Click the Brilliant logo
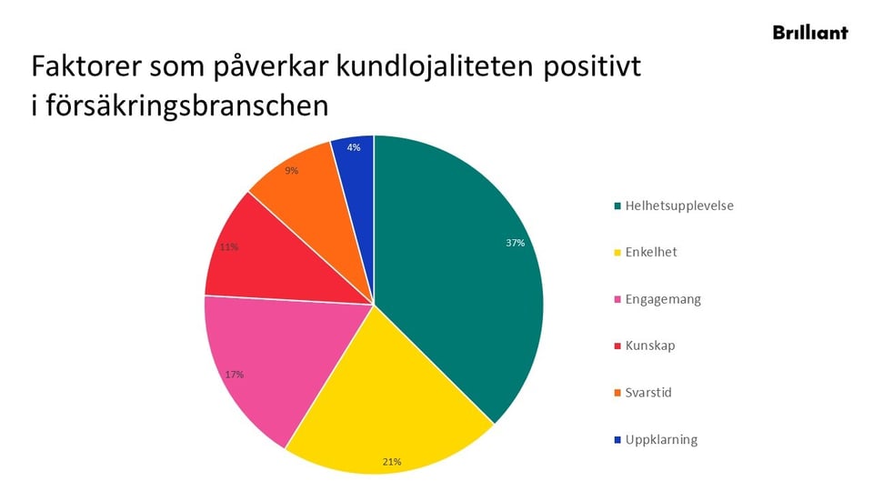tap(809, 32)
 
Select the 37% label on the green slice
tap(516, 243)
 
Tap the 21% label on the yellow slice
tap(392, 462)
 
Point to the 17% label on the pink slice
tap(234, 374)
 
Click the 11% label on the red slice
tap(228, 246)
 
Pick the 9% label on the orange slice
tap(291, 170)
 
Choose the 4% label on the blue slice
tap(354, 147)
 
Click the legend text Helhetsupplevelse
tap(679, 205)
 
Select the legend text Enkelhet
tap(651, 252)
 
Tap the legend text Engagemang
tap(663, 299)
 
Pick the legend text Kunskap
tap(650, 346)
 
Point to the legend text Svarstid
tap(648, 393)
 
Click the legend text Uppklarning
tap(661, 440)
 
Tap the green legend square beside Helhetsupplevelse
tap(618, 205)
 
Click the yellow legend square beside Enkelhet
tap(618, 253)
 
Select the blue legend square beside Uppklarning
tap(618, 440)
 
